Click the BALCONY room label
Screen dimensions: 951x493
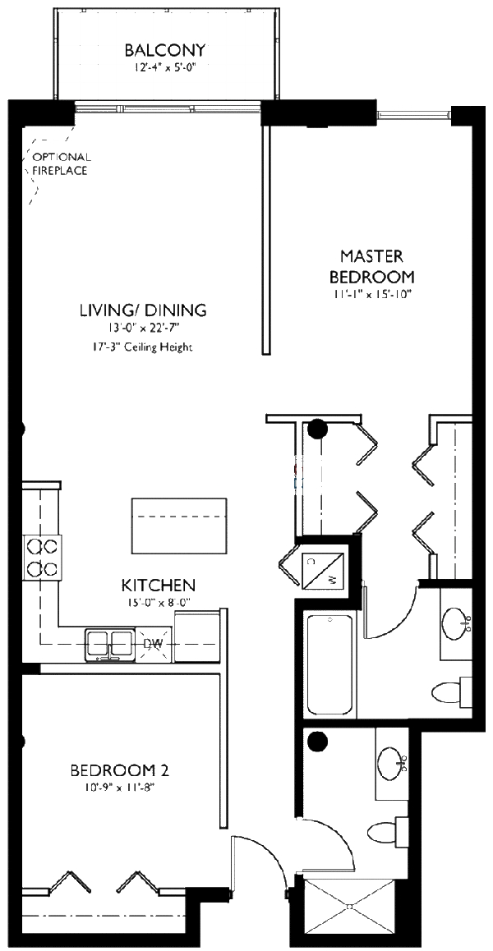[165, 51]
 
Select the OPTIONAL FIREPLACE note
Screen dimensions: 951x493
[61, 164]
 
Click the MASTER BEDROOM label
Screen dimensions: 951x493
[371, 266]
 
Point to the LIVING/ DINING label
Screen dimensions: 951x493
[142, 310]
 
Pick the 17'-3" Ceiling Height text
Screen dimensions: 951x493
[142, 347]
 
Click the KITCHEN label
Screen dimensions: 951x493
[158, 586]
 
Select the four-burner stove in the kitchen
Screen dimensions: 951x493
[42, 556]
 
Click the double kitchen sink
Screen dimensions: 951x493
[109, 643]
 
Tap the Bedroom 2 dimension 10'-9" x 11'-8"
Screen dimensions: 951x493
[119, 788]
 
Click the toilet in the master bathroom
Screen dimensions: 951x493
[451, 690]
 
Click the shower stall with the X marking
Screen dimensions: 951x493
[351, 907]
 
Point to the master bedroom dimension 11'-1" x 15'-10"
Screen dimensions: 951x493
[371, 293]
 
